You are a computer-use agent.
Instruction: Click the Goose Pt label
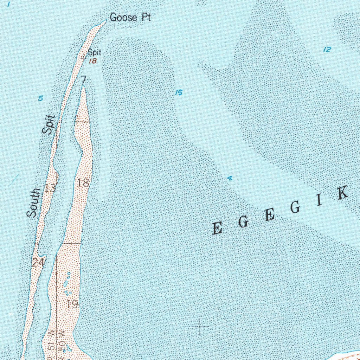coord(130,17)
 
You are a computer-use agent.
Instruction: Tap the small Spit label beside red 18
coord(94,53)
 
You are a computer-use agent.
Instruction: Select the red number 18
coord(93,61)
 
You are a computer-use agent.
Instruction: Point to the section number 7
coord(83,80)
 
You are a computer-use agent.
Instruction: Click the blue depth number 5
coord(41,98)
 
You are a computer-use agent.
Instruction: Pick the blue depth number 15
coord(179,93)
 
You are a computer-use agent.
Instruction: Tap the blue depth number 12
coord(327,50)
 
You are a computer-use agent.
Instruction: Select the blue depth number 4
coord(230,178)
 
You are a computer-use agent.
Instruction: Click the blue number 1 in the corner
coord(8,5)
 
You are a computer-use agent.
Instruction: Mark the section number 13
coord(50,187)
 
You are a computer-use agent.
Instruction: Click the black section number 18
coord(83,182)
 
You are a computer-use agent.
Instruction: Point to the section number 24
coord(38,262)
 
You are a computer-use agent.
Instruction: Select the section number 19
coord(72,304)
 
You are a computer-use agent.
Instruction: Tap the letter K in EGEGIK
coord(343,193)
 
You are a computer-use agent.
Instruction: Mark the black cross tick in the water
coord(200,327)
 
